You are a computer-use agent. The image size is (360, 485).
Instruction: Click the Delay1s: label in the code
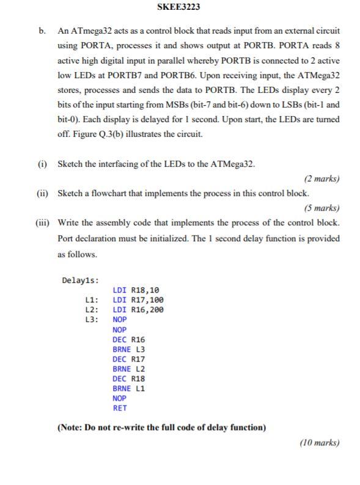pyautogui.click(x=81, y=280)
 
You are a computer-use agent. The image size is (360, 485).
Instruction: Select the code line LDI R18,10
pyautogui.click(x=138, y=290)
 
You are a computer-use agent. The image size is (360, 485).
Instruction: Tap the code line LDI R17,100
pyautogui.click(x=138, y=300)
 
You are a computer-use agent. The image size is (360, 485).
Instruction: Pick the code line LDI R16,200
pyautogui.click(x=138, y=310)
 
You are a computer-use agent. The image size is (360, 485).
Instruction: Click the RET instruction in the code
pyautogui.click(x=120, y=407)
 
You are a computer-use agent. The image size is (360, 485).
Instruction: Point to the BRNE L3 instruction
pyautogui.click(x=128, y=349)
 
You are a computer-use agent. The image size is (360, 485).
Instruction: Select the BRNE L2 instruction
pyautogui.click(x=128, y=368)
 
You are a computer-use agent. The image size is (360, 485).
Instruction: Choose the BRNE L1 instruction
pyautogui.click(x=128, y=388)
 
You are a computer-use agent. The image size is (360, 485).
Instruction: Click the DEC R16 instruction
pyautogui.click(x=128, y=339)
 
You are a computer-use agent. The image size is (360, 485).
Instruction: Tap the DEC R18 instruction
pyautogui.click(x=128, y=378)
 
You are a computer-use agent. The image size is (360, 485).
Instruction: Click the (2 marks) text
pyautogui.click(x=321, y=179)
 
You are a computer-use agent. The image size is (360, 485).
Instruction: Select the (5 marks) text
pyautogui.click(x=321, y=208)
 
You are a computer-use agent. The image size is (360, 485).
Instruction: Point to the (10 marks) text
pyautogui.click(x=319, y=443)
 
